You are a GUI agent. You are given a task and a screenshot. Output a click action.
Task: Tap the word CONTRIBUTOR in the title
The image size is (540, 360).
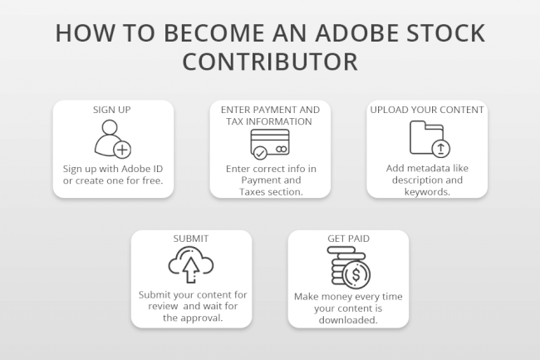tap(270, 62)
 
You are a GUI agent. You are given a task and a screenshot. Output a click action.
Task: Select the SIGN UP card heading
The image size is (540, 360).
tap(113, 109)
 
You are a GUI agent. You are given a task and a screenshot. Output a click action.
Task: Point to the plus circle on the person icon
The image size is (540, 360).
tap(122, 150)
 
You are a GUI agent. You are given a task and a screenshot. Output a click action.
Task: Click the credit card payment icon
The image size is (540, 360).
tap(269, 144)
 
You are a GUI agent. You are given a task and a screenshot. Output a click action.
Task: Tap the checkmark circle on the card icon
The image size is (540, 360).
tap(259, 153)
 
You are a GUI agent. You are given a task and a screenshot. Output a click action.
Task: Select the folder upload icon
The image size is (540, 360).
tap(426, 138)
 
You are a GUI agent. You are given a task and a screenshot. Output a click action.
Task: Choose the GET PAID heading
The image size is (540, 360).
tap(348, 239)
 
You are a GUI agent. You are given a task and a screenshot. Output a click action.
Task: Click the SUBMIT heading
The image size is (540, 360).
tap(190, 239)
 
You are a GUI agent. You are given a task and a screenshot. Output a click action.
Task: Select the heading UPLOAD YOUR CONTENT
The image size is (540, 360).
tap(427, 109)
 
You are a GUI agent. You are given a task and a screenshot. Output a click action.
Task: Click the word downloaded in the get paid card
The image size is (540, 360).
tap(348, 319)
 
